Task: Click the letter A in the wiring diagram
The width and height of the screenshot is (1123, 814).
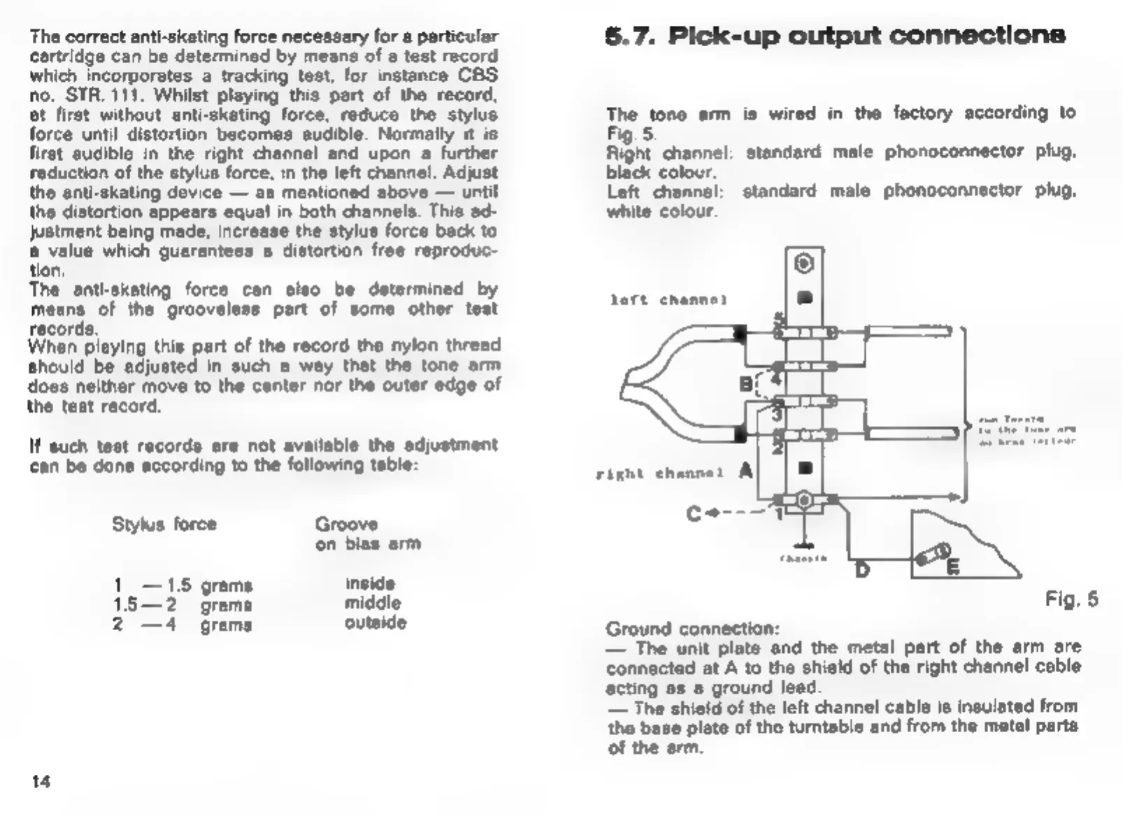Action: tap(746, 471)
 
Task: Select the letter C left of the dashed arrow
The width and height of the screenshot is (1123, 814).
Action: tap(694, 514)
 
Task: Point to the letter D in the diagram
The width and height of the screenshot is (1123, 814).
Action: tap(862, 570)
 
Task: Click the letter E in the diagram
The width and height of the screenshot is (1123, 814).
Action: tap(952, 567)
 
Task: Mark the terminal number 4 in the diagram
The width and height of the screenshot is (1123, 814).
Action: tap(775, 381)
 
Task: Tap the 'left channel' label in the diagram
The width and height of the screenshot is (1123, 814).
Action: tap(668, 300)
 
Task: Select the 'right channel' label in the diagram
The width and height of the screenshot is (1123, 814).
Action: tap(659, 473)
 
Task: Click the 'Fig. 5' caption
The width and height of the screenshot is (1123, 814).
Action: tap(1071, 599)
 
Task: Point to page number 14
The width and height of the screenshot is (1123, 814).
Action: tap(41, 781)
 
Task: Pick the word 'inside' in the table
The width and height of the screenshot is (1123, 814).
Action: tap(370, 583)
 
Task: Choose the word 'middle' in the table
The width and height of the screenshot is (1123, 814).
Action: tap(373, 603)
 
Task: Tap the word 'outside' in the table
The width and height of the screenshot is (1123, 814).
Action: tap(375, 622)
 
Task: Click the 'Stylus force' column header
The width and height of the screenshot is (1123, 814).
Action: tap(164, 524)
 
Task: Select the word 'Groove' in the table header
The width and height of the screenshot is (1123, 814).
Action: tap(346, 524)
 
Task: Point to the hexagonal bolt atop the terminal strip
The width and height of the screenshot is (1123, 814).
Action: tap(804, 264)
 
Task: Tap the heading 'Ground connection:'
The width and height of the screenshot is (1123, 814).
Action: tap(692, 629)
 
